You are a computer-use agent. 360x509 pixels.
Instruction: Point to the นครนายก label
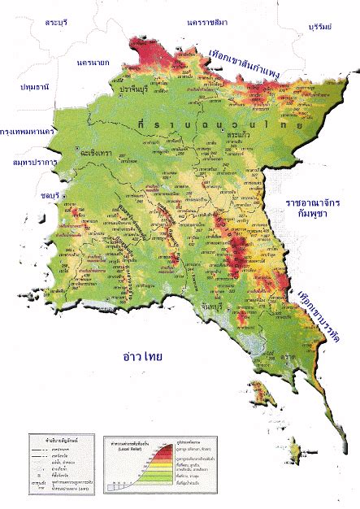pyautogui.click(x=94, y=62)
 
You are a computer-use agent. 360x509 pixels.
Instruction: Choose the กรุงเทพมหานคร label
pyautogui.click(x=28, y=130)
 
